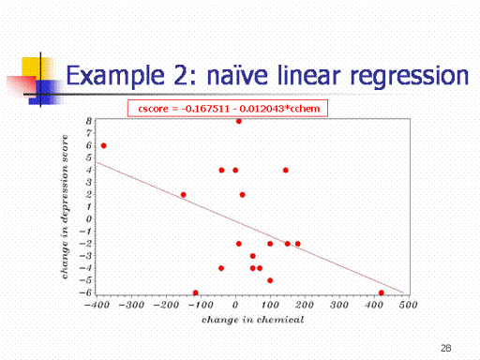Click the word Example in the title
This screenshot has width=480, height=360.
point(115,76)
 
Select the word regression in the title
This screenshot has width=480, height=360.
point(410,77)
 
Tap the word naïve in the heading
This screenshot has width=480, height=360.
point(237,75)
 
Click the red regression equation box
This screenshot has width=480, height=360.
point(228,108)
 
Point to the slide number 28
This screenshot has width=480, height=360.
point(446,348)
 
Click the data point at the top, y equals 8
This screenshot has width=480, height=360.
point(239,121)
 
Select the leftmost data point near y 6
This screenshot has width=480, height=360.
point(104,145)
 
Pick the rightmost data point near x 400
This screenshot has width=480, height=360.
point(382,292)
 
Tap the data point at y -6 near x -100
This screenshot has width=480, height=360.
point(196,292)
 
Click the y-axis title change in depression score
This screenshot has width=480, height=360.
point(65,206)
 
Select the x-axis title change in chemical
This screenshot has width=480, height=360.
point(252,320)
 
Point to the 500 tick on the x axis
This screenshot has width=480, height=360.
point(408,305)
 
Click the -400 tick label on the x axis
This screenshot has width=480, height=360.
point(97,305)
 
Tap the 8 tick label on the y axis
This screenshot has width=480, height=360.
point(89,121)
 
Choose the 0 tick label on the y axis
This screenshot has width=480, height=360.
point(89,218)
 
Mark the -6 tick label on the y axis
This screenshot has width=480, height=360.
point(85,292)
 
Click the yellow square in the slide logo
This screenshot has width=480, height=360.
point(35,68)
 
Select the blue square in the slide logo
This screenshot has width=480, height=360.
point(44,92)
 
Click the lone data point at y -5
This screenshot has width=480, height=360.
point(270,280)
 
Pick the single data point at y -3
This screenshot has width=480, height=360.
point(253,256)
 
